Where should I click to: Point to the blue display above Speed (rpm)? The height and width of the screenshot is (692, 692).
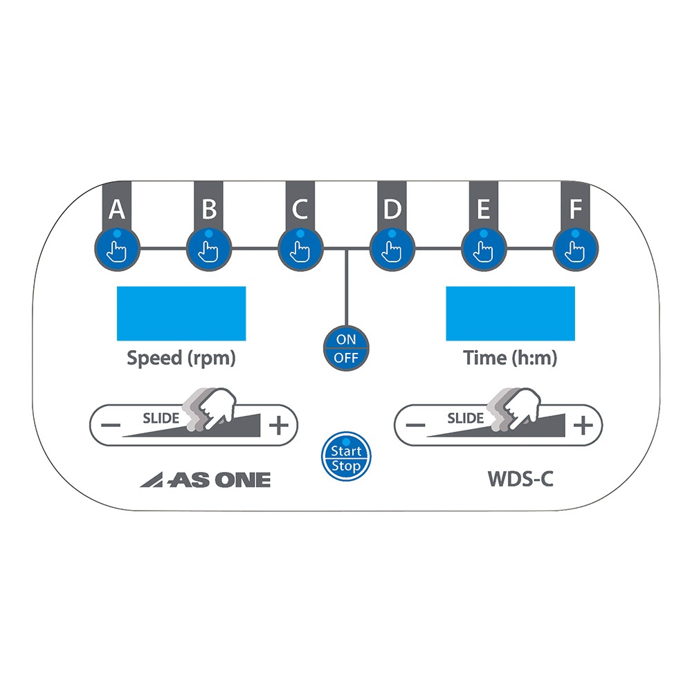pos(181,313)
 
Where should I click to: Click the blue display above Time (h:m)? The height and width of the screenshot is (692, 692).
pos(510,313)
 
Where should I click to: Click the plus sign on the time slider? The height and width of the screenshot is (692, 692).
pos(583,425)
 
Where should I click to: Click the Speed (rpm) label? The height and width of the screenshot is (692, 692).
pos(181,358)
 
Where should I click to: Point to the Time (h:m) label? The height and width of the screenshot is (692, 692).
pos(510,358)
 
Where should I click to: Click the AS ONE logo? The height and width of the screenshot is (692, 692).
pos(206,480)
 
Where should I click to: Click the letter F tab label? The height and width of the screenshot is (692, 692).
pos(576,208)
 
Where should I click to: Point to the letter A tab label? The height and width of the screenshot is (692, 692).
pos(118,208)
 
